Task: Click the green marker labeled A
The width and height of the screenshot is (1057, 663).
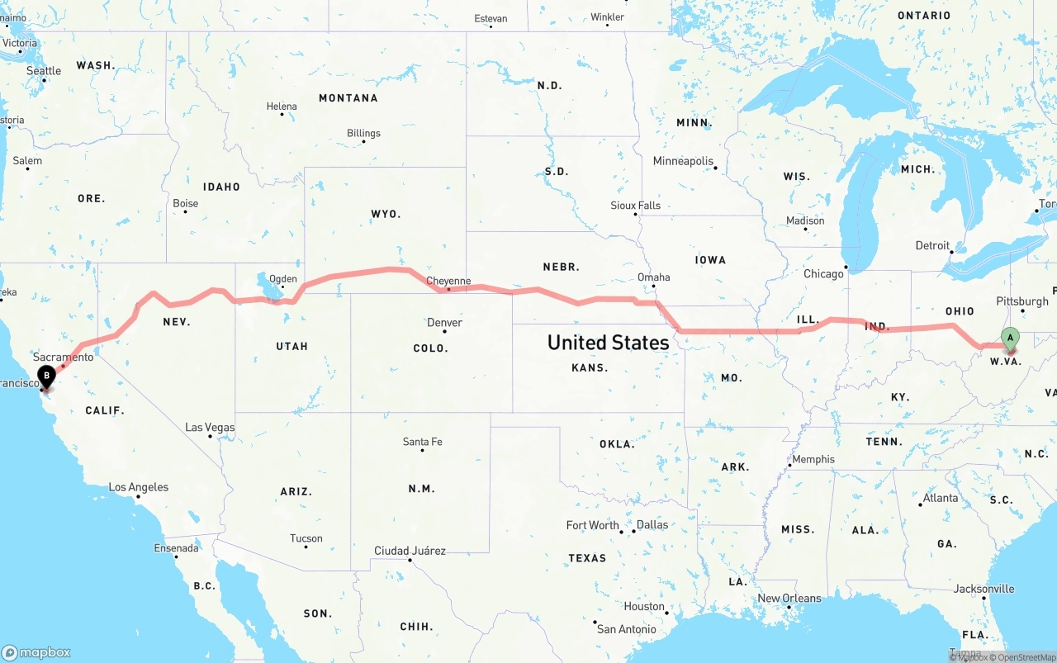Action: pyautogui.click(x=1009, y=338)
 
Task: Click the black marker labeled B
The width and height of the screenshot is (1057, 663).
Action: pyautogui.click(x=47, y=376)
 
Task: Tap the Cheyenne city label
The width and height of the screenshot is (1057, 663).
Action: pyautogui.click(x=448, y=281)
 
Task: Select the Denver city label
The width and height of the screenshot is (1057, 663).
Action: pyautogui.click(x=444, y=322)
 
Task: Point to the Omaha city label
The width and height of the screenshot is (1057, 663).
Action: pyautogui.click(x=653, y=277)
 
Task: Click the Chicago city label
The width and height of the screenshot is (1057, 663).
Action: pyautogui.click(x=823, y=273)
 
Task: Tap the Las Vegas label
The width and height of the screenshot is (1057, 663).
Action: pyautogui.click(x=210, y=428)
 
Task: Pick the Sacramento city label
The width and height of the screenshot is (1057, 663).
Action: pyautogui.click(x=64, y=357)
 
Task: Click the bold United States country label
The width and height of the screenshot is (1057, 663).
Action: pyautogui.click(x=608, y=342)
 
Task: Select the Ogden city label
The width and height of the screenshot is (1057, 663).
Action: pyautogui.click(x=283, y=279)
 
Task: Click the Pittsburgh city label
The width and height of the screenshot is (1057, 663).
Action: pyautogui.click(x=1022, y=301)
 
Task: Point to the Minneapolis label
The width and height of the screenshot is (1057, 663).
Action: pyautogui.click(x=683, y=161)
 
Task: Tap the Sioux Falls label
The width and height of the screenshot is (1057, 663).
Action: pyautogui.click(x=635, y=205)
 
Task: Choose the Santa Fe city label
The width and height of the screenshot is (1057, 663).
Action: pyautogui.click(x=422, y=442)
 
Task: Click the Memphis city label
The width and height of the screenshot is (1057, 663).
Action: pyautogui.click(x=813, y=459)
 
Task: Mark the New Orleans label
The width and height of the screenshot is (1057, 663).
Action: pyautogui.click(x=789, y=598)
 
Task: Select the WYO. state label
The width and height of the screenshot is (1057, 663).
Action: pyautogui.click(x=386, y=214)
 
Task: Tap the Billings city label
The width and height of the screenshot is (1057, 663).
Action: pyautogui.click(x=363, y=133)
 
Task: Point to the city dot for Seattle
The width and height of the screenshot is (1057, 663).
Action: pyautogui.click(x=44, y=80)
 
